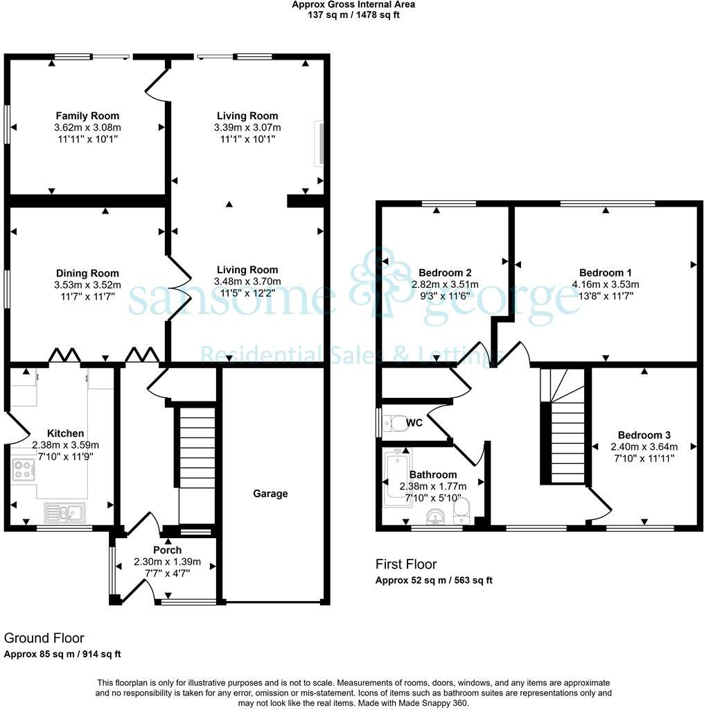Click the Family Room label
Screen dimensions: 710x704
coord(87,116)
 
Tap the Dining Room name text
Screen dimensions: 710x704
coord(87,273)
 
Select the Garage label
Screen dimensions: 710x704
coord(270,494)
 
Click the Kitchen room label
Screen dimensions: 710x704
coord(66,433)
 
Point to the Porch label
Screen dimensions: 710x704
coord(167,550)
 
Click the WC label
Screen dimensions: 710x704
coord(414,422)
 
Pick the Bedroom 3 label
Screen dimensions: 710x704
coord(644,435)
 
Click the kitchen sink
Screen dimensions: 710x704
coord(64,513)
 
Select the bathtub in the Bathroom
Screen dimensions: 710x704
coord(398,478)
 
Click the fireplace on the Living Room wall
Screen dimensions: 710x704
coord(319,144)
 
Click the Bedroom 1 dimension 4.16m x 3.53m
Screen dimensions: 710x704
coord(605,284)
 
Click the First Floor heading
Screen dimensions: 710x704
coord(406,564)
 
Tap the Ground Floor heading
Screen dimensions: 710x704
coord(44,638)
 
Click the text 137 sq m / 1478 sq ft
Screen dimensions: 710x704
coord(353,15)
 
